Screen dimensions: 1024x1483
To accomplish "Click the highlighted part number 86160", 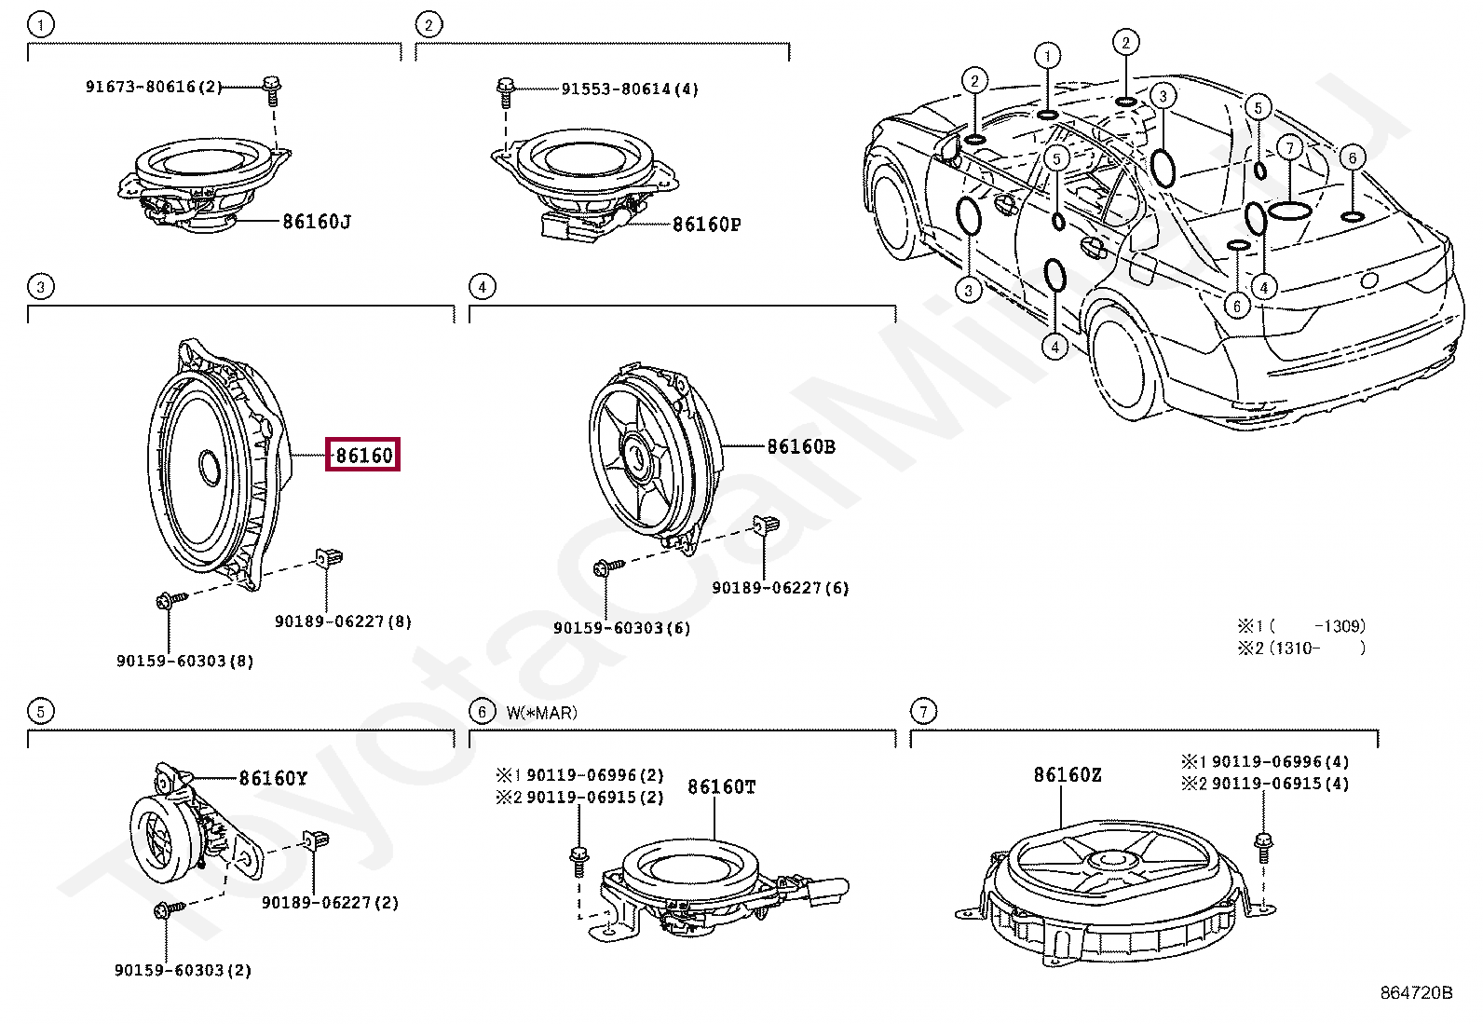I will click(x=362, y=455).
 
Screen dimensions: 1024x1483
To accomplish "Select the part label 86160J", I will click(x=317, y=222).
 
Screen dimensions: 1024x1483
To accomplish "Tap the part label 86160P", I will click(x=706, y=224).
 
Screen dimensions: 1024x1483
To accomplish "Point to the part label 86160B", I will click(x=800, y=446).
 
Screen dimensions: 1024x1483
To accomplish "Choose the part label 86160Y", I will click(x=273, y=777).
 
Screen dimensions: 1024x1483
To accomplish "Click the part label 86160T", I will click(x=721, y=787).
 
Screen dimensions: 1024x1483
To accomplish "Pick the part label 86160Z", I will click(x=1067, y=775).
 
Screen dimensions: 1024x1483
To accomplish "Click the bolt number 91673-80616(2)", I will click(x=154, y=87).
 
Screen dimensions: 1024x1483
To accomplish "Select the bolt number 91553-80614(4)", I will click(x=629, y=89).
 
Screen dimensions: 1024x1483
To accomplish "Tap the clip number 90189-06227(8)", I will click(x=343, y=621).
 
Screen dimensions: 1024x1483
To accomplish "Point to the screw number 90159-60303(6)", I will click(x=621, y=628).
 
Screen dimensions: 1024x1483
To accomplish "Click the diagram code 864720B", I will click(x=1416, y=993).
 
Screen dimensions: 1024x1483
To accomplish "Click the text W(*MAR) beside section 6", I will click(x=541, y=713).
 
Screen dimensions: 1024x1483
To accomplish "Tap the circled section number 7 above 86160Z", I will click(x=922, y=712).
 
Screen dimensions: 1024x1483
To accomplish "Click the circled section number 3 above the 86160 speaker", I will click(x=40, y=287).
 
